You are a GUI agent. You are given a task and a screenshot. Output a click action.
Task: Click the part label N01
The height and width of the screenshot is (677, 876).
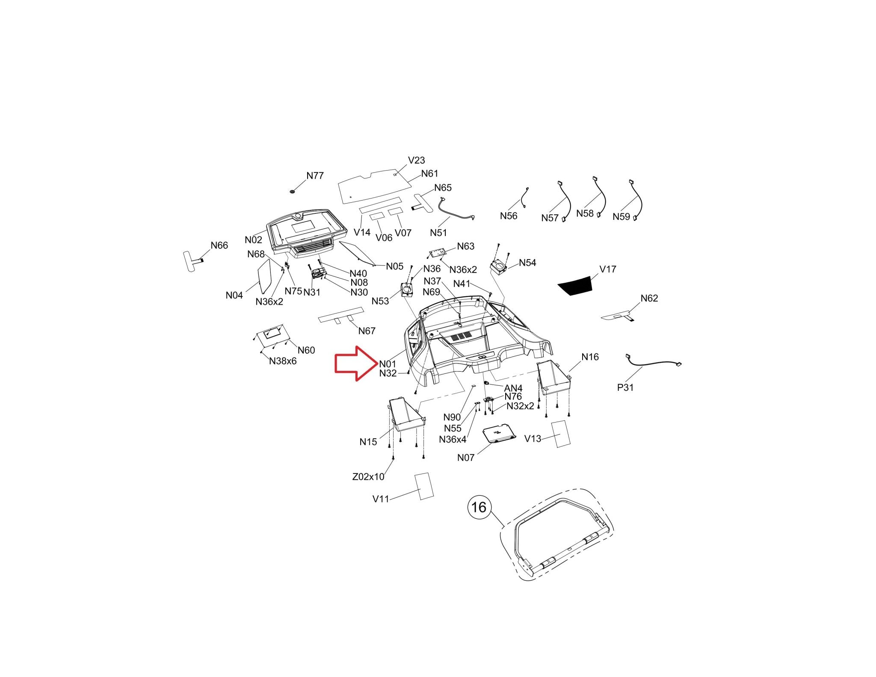coord(388,364)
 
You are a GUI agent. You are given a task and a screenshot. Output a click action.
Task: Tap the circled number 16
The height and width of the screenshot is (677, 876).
coord(479,507)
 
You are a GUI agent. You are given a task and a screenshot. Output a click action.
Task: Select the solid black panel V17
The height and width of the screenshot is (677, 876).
coord(574,285)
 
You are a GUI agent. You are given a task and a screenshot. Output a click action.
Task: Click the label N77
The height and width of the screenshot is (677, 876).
coord(315,175)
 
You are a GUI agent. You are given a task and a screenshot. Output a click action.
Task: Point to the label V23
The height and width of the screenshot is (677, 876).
coord(416,160)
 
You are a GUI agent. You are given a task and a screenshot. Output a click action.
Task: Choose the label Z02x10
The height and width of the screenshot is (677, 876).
coord(368,476)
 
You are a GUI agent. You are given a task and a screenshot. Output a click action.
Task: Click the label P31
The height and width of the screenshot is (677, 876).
coord(625,387)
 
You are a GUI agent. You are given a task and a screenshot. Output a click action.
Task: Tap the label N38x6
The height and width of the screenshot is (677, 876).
coord(283,361)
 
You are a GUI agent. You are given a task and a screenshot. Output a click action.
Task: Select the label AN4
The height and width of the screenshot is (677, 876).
coord(513,388)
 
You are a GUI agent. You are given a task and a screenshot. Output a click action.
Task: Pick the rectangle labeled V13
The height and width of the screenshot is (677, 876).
coord(560,434)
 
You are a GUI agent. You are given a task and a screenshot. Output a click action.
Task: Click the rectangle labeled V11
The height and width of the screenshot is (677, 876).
coord(424,486)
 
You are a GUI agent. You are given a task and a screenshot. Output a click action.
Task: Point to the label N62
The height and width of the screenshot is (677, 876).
coord(649,298)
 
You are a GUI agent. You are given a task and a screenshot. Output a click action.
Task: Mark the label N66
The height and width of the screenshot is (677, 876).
coord(219,245)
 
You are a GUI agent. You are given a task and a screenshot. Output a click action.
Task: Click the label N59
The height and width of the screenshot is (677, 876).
coord(621,216)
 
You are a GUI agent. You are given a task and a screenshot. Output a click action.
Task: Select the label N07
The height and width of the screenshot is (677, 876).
coord(466,458)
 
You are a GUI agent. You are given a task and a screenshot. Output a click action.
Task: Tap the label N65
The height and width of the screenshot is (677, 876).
coord(443,188)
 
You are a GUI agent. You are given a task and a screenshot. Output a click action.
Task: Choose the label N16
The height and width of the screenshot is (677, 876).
coord(590,357)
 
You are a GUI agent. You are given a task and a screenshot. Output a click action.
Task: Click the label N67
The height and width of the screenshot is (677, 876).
coord(367,331)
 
